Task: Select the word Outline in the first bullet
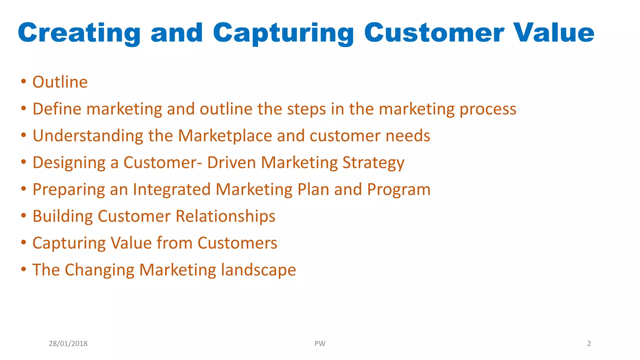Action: tap(60, 82)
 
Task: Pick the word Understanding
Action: tap(88, 136)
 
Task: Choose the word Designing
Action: tap(69, 163)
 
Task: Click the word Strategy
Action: tap(373, 163)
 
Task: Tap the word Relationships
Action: tap(225, 217)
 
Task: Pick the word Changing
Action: tap(99, 270)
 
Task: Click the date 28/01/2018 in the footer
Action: tap(68, 344)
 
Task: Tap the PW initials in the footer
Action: tap(320, 344)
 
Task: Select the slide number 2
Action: tap(589, 344)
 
